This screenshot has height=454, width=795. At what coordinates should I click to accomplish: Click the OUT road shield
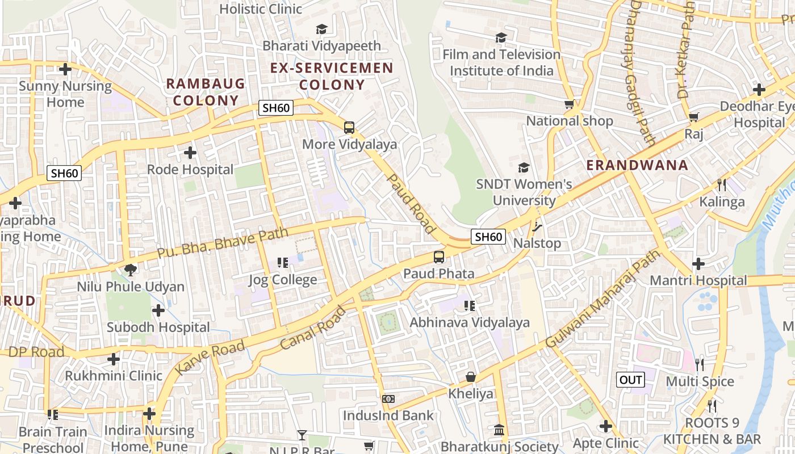(x=631, y=380)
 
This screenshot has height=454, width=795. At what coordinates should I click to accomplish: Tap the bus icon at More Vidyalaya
(x=349, y=128)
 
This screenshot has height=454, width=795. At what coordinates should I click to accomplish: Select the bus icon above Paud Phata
(x=439, y=257)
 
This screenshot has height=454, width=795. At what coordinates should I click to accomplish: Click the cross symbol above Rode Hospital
(x=190, y=153)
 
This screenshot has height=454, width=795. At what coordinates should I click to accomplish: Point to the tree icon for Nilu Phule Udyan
(x=131, y=270)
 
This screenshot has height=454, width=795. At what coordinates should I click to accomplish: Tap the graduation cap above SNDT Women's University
(x=524, y=168)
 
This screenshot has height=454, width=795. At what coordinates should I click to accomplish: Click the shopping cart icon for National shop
(x=569, y=104)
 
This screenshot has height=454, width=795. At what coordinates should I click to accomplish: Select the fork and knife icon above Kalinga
(x=721, y=184)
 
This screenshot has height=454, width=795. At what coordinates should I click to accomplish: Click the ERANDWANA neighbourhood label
(x=637, y=166)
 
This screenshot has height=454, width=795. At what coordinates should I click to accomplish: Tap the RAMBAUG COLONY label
(x=206, y=93)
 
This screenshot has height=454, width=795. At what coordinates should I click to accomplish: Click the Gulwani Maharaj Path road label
(x=604, y=299)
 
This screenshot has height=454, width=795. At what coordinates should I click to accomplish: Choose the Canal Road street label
(x=313, y=328)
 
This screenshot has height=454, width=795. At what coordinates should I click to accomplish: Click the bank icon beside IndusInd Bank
(x=388, y=399)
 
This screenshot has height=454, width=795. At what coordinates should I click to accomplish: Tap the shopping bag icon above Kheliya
(x=471, y=377)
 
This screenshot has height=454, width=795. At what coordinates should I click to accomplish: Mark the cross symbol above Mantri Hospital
(x=698, y=264)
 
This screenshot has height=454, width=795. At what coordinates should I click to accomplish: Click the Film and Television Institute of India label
(x=501, y=62)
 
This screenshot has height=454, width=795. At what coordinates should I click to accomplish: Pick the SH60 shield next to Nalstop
(x=488, y=237)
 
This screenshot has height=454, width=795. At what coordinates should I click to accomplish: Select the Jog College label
(x=283, y=280)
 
